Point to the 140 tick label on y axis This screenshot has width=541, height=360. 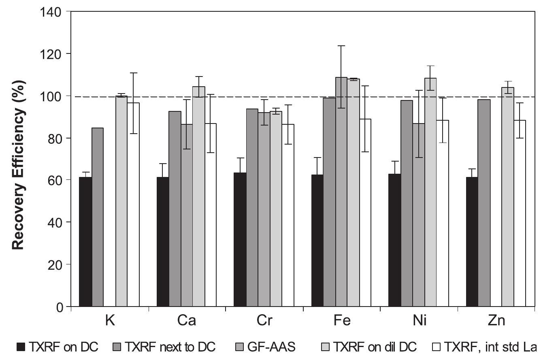coord(52,12)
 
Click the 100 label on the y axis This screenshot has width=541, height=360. coord(52,96)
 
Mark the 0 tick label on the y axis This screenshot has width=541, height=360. coord(59,307)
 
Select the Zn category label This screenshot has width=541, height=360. coord(496,321)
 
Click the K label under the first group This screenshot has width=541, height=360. coord(110,321)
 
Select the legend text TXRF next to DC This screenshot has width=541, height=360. coord(170,347)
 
